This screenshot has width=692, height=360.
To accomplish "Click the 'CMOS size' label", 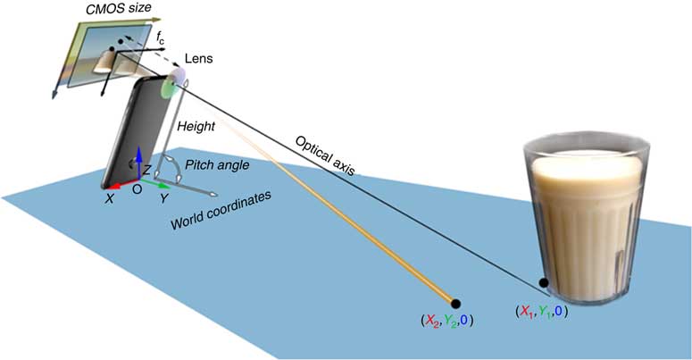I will coord(102,11).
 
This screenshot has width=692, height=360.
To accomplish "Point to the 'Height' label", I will coord(195,127).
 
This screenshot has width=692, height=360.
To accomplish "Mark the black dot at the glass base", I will coord(543,284).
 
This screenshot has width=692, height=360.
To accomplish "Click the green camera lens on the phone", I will coord(167,88).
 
